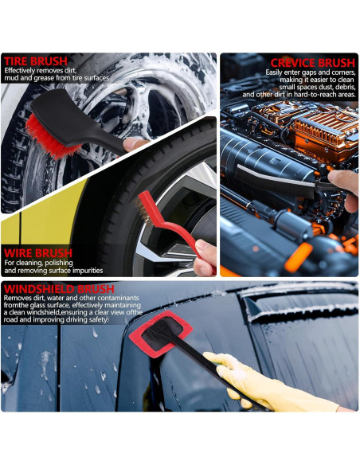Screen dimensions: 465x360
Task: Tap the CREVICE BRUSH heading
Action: pyautogui.click(x=312, y=62)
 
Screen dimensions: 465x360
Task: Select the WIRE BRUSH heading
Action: pyautogui.click(x=37, y=253)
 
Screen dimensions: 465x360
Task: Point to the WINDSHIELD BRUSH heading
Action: pyautogui.click(x=58, y=288)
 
